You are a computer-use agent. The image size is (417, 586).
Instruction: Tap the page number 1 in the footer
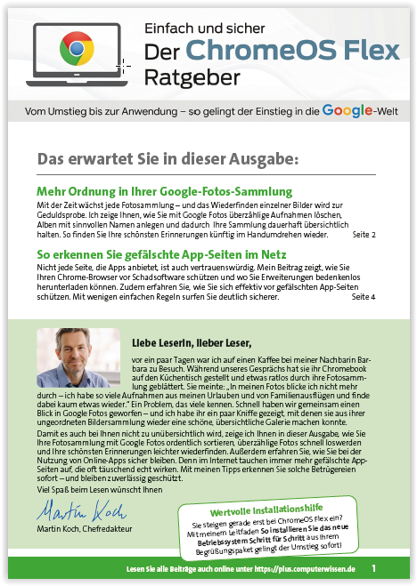pos(374,567)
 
